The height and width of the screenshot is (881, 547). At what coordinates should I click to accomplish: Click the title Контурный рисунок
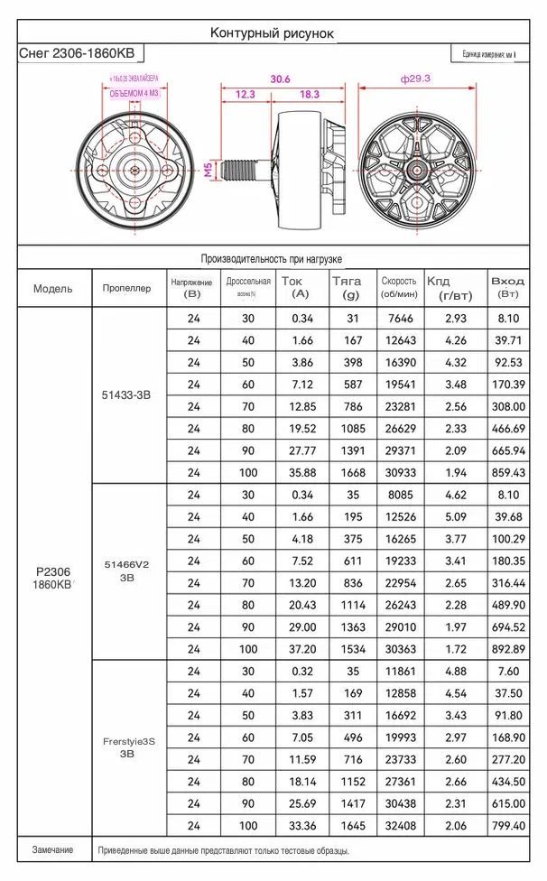tap(272, 32)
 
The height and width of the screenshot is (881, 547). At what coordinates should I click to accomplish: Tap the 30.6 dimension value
tap(281, 79)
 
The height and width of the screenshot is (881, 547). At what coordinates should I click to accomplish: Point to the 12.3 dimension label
tap(245, 94)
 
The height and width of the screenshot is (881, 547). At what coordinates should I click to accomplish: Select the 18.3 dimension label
tap(309, 94)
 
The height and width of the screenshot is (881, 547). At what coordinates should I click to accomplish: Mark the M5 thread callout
tap(207, 169)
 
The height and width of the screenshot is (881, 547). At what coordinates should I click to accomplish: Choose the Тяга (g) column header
tap(346, 289)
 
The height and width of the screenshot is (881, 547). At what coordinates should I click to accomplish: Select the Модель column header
tap(53, 289)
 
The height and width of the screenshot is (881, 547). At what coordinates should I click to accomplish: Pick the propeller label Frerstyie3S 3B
tap(127, 747)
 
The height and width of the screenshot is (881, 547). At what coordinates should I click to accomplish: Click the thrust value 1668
tap(346, 472)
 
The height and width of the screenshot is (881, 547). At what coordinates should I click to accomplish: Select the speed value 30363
tap(399, 649)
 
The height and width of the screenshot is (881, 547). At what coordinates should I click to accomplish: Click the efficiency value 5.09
tap(456, 517)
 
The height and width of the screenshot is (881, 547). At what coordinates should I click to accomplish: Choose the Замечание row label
tap(52, 850)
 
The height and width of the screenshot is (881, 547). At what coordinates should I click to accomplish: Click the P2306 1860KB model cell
tap(53, 578)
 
